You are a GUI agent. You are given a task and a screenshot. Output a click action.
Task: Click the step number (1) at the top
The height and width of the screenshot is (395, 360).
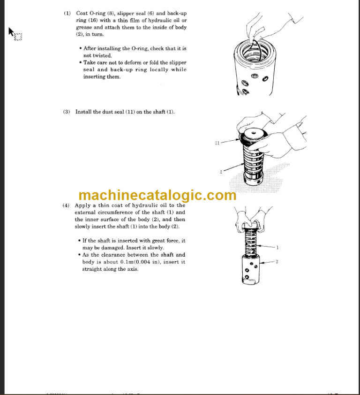[67, 13]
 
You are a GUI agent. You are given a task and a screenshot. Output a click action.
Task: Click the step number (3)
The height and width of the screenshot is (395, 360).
[67, 112]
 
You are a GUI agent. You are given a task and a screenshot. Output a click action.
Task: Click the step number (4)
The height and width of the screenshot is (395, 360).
[66, 205]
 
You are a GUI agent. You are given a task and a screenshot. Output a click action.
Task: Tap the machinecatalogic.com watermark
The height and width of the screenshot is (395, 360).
[157, 195]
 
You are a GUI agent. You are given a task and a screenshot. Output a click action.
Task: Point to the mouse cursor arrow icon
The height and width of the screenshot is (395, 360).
[12, 32]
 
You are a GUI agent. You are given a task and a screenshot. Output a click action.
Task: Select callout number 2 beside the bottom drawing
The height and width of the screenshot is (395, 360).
[277, 261]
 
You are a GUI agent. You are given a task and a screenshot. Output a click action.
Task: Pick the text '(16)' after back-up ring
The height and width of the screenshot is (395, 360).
[94, 20]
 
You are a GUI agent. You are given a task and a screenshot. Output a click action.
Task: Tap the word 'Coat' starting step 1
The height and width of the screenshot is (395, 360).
[82, 13]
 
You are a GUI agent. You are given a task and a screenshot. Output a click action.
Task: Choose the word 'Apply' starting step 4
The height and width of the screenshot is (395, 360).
[83, 205]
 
